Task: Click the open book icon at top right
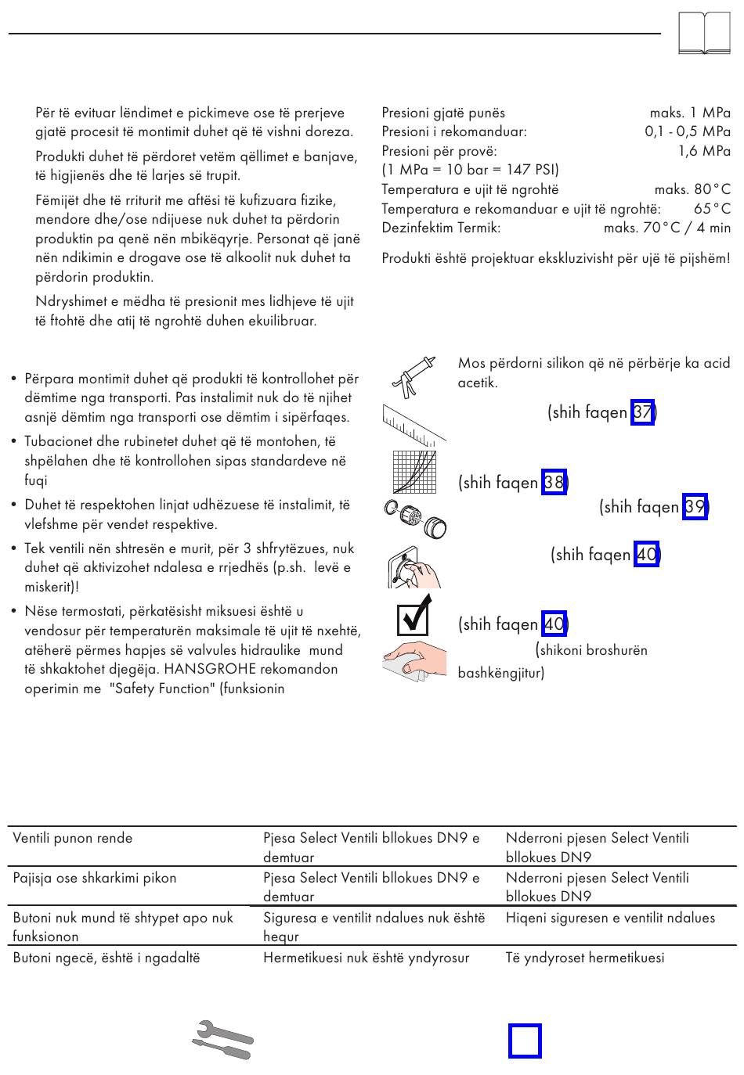(x=704, y=34)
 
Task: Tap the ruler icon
(x=414, y=423)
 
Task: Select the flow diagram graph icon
(x=414, y=473)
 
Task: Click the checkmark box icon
(x=414, y=614)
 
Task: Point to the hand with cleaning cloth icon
(x=414, y=659)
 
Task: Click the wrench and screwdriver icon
(x=222, y=1040)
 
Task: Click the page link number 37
(x=642, y=412)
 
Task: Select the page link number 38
(x=553, y=483)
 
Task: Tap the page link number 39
(x=694, y=507)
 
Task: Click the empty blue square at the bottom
(x=525, y=1041)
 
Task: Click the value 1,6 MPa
(x=704, y=151)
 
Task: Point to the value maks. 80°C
(x=692, y=189)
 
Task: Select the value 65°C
(x=712, y=209)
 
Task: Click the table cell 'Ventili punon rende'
(x=73, y=838)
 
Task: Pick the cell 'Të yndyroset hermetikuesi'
(x=585, y=957)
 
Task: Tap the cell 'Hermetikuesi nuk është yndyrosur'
(x=366, y=957)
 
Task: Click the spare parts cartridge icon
(x=414, y=518)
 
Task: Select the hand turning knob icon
(x=414, y=566)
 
